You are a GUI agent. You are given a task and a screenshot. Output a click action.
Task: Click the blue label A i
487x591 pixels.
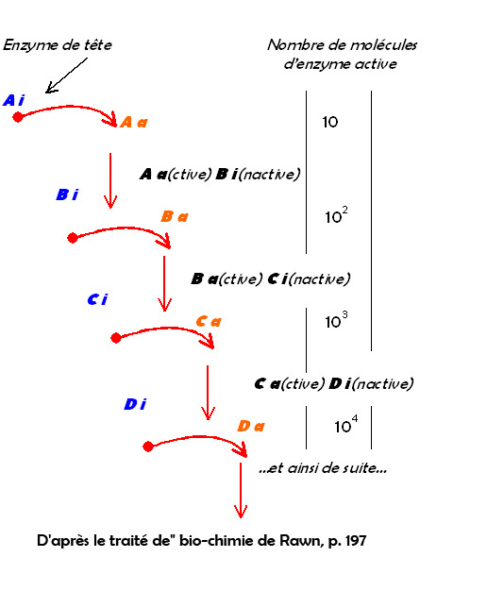(x=14, y=100)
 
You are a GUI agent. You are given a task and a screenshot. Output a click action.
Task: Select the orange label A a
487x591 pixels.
(x=134, y=122)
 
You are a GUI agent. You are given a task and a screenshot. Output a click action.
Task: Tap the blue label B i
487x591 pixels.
(x=67, y=194)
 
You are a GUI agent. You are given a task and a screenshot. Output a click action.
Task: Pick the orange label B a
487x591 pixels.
(x=175, y=216)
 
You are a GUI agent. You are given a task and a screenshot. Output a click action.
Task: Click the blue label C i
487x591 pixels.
(x=97, y=299)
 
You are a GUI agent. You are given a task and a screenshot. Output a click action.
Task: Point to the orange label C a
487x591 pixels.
(x=209, y=322)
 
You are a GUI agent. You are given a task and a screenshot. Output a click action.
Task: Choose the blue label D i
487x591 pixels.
(x=135, y=404)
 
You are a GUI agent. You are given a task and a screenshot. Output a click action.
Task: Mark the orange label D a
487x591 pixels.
(x=251, y=427)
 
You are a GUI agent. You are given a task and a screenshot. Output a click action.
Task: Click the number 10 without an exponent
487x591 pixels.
(x=329, y=122)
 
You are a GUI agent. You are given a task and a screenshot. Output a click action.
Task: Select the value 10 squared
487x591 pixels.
(x=336, y=215)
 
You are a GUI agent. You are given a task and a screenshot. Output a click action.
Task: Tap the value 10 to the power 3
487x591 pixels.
(x=336, y=320)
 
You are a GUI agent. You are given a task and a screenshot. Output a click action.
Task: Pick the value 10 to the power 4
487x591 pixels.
(x=346, y=425)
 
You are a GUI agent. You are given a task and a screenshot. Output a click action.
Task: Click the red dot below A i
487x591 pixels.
(x=18, y=117)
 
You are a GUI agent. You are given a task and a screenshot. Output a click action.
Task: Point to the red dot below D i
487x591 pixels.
(x=148, y=447)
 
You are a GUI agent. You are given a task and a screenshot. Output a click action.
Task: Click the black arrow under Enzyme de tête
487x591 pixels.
(x=66, y=76)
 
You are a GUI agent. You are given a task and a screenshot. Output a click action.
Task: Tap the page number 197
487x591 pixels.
(x=356, y=541)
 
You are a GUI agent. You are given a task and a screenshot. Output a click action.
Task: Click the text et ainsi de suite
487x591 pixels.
(x=323, y=468)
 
